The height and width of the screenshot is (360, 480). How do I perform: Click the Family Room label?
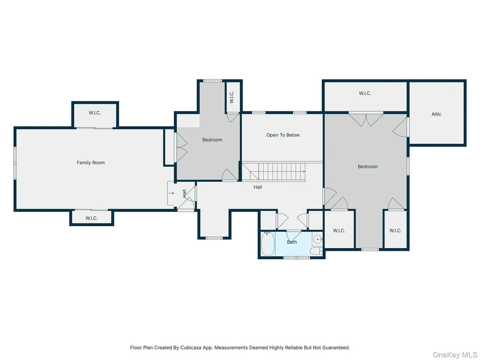(x=90, y=163)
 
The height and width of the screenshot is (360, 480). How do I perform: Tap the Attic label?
(x=436, y=114)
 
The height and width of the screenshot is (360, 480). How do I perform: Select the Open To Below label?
(x=283, y=135)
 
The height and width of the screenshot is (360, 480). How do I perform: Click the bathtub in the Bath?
(x=268, y=244)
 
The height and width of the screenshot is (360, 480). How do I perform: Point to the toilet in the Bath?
(x=316, y=251)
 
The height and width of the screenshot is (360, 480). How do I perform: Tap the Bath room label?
(x=292, y=242)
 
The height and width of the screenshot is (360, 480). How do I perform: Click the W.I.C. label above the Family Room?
(x=95, y=112)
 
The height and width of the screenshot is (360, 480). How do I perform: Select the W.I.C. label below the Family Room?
(x=91, y=218)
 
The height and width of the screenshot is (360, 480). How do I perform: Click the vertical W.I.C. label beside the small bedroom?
(x=232, y=97)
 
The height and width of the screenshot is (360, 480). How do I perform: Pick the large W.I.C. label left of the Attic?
(x=365, y=93)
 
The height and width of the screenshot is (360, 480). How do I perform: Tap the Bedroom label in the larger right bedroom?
(x=367, y=166)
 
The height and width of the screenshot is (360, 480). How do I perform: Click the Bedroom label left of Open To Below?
(x=212, y=140)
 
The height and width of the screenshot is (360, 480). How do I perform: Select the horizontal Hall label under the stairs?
(x=258, y=187)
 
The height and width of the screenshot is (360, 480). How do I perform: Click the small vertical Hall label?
(x=184, y=193)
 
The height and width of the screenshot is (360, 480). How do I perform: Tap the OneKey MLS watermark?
(x=455, y=355)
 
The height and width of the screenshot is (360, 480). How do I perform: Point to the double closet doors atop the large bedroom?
(x=366, y=120)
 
